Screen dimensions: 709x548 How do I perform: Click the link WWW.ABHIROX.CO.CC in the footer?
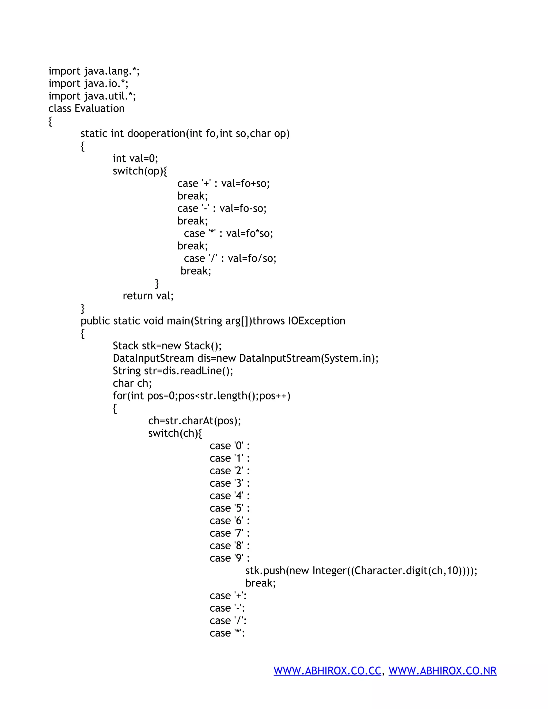tap(327, 671)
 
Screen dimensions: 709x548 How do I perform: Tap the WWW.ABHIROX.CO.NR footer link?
tap(443, 671)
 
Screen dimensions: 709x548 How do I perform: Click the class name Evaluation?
tap(99, 108)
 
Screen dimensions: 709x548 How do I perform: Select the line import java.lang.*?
tap(94, 71)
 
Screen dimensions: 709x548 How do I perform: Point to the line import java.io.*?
tap(88, 83)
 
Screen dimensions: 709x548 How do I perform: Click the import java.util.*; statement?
tap(92, 96)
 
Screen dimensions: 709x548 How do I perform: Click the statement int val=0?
tap(135, 158)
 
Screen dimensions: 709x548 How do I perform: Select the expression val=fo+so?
tap(245, 184)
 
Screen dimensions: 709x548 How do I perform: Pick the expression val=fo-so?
tap(243, 208)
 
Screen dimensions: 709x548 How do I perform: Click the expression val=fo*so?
tap(249, 233)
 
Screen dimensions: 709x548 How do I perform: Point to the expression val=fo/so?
tap(252, 258)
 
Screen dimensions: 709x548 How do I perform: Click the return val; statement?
tap(148, 296)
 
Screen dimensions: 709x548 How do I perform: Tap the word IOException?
tap(317, 321)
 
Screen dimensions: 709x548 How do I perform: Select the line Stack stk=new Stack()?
tap(167, 346)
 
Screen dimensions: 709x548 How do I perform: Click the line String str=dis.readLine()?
tap(173, 371)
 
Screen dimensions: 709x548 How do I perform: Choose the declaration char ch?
tap(132, 383)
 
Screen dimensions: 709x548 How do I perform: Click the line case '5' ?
tap(230, 508)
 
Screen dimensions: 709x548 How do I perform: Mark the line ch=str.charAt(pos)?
tap(195, 421)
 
